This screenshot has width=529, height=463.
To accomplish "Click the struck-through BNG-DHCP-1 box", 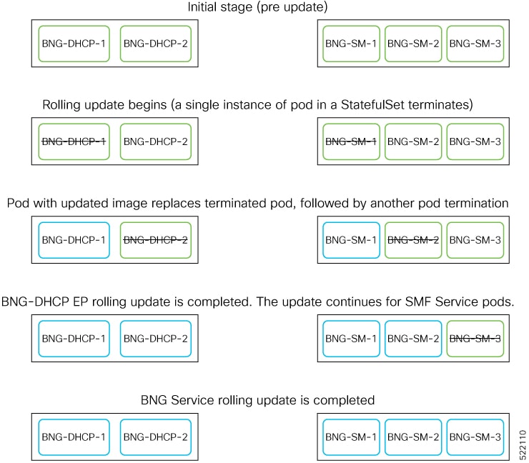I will click(74, 141).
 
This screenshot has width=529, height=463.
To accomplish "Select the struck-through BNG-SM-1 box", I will click(351, 141).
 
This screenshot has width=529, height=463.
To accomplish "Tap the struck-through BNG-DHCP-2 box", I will click(156, 240).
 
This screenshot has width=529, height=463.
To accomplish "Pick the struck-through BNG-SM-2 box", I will click(413, 240).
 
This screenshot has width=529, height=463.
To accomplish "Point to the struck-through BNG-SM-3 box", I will click(475, 338).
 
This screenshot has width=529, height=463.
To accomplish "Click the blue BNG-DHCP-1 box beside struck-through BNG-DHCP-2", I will click(74, 240).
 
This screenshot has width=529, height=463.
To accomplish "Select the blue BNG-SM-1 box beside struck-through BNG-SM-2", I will click(351, 240).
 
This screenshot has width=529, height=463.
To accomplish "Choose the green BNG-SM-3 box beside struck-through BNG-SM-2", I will click(475, 240).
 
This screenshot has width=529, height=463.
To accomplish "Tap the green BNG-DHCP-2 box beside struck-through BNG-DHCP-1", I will click(156, 141).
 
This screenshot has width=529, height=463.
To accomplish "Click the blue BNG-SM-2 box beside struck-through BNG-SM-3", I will click(413, 338).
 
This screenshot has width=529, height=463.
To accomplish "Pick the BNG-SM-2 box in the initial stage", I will click(413, 44).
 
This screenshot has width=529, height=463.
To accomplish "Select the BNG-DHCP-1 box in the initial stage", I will click(74, 44).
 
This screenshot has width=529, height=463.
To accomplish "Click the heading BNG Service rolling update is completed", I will click(257, 399).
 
